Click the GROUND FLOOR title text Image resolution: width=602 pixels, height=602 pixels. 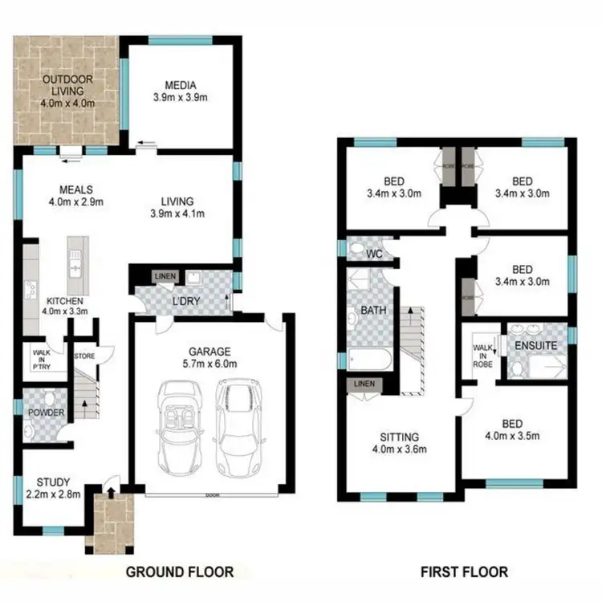pos(179,571)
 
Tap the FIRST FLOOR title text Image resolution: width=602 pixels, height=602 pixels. pos(463,571)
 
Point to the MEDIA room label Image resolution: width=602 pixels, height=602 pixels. pos(181,86)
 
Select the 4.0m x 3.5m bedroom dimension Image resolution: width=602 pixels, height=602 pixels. pos(511,437)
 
